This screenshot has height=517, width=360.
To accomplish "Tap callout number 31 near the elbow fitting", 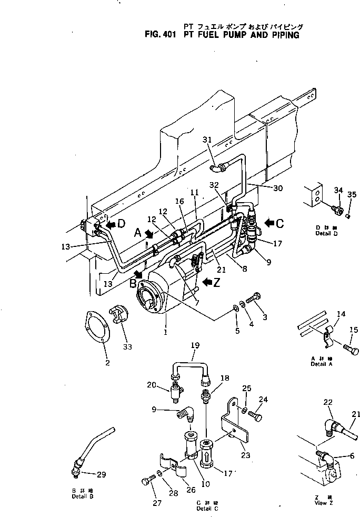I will tap(207, 140).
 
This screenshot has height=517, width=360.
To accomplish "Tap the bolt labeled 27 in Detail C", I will tap(147, 481).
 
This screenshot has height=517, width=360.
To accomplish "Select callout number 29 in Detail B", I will tap(101, 474).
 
